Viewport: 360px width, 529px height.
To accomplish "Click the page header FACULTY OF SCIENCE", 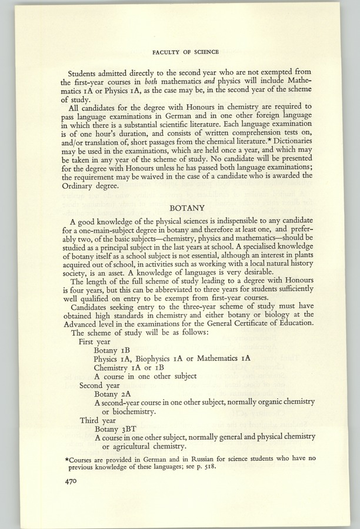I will [185, 52].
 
